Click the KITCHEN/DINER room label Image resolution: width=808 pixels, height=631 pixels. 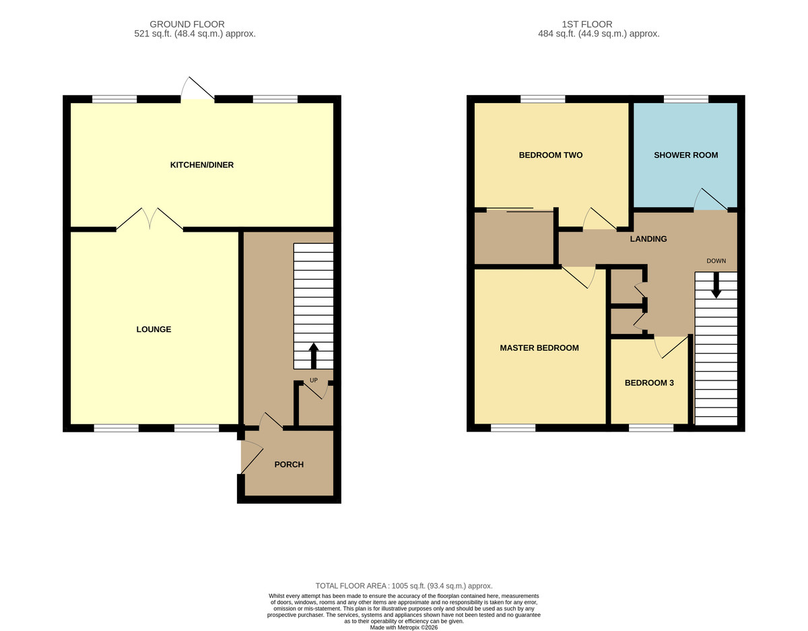point(201,165)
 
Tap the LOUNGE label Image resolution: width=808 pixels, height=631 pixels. point(154,329)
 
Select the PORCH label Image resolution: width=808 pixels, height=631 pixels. point(289,465)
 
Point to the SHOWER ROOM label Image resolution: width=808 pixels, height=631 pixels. point(685,155)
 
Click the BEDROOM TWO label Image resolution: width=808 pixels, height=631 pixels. point(550,155)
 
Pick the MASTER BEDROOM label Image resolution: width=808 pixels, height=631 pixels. point(539,347)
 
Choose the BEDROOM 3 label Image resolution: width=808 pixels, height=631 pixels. point(649,383)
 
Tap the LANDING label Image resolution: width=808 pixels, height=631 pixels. point(648,238)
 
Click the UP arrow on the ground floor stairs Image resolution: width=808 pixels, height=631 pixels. point(314,356)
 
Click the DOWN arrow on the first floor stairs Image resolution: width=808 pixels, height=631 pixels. point(716,285)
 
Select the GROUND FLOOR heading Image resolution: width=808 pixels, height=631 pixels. point(187,24)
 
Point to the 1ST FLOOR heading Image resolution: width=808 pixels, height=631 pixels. point(586,24)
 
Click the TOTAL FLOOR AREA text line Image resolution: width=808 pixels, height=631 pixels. point(404,586)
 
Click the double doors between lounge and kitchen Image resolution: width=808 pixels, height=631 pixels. point(149,219)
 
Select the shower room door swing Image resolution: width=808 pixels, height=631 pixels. point(711,199)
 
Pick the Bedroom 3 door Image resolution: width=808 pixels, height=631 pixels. point(671,347)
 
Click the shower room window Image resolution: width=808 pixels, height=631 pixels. point(685,99)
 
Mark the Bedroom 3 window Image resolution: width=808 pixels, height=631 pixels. point(651,428)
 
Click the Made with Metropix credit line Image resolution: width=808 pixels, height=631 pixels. point(404,627)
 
